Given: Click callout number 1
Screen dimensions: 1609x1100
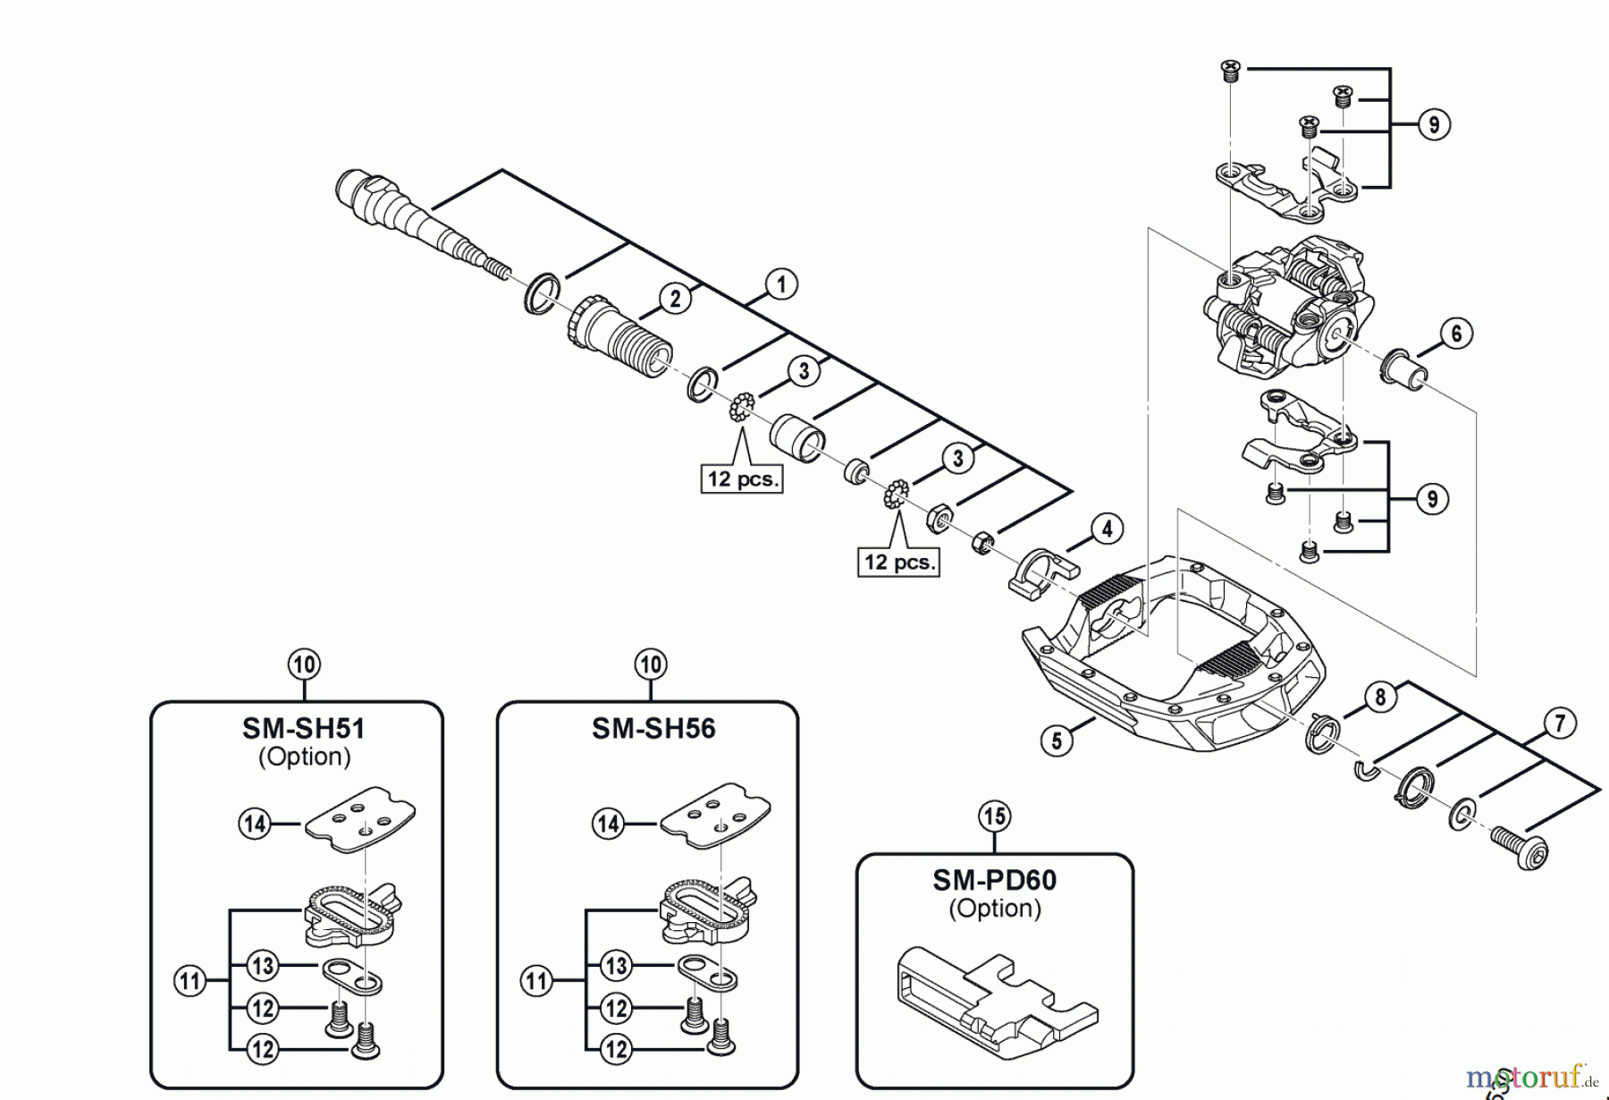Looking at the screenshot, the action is [780, 285].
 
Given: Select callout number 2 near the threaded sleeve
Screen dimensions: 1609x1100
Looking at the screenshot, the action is [676, 299].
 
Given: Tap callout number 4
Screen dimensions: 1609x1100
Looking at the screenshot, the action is [1107, 529].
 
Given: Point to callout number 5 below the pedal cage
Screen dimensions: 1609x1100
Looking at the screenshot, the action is [1057, 740].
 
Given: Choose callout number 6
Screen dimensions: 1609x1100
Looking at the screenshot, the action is [1456, 334].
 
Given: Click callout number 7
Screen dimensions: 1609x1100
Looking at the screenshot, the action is [1560, 723].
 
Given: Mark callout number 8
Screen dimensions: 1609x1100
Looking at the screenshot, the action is [1380, 697].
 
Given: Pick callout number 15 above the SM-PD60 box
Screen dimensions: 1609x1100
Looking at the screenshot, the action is [994, 816].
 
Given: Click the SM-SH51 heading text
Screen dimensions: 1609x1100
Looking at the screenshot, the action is [304, 729].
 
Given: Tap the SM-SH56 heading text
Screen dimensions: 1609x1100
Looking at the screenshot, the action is [653, 729].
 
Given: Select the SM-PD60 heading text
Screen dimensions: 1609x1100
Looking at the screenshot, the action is [994, 880].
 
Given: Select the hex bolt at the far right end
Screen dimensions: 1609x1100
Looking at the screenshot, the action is [1520, 847].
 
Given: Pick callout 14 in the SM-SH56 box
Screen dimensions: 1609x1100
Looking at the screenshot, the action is [609, 824].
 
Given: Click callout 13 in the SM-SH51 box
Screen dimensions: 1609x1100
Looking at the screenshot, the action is [262, 966].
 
